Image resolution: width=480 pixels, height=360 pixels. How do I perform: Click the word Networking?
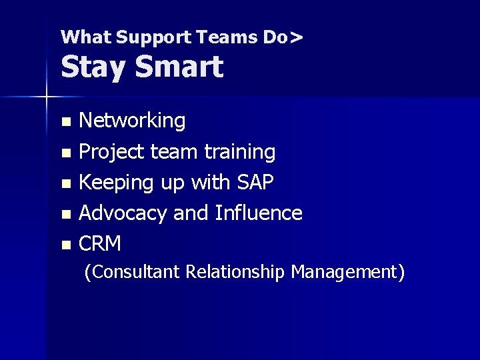[132, 121]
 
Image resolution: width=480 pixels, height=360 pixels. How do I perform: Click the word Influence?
[259, 213]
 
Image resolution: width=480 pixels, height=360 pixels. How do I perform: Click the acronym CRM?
[100, 244]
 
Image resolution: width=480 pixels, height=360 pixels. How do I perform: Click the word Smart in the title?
[179, 67]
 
